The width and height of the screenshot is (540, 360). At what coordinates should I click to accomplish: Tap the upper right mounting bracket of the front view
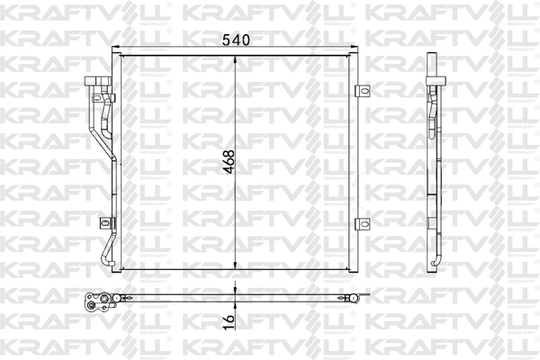(363, 90)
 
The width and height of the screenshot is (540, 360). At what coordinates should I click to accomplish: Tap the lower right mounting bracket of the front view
(363, 224)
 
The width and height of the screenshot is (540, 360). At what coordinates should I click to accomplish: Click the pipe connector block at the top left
(97, 83)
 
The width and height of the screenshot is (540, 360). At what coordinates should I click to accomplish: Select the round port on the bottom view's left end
(90, 303)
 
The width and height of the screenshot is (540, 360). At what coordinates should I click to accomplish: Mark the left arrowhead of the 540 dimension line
(123, 49)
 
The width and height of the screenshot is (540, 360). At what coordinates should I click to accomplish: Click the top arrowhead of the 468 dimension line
(236, 58)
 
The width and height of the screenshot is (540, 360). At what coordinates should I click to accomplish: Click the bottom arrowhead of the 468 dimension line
(236, 266)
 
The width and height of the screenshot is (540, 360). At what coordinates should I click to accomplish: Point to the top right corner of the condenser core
(354, 55)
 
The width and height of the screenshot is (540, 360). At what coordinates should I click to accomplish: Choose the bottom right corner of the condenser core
(354, 269)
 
